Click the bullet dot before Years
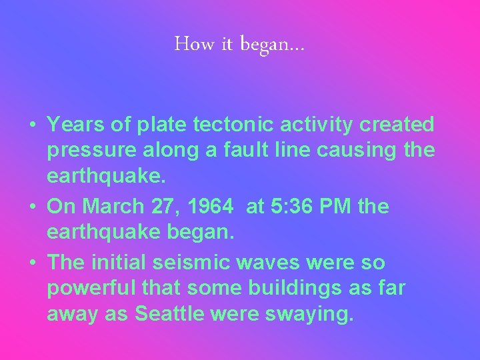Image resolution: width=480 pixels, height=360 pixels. click(32, 125)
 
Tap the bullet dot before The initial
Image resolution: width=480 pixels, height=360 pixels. click(32, 263)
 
